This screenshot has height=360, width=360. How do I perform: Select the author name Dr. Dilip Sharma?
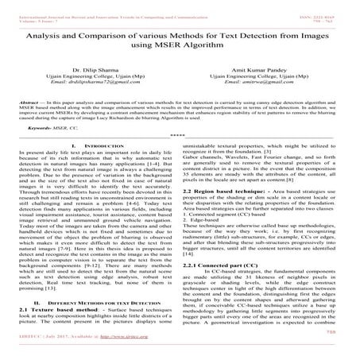pos(93,69)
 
